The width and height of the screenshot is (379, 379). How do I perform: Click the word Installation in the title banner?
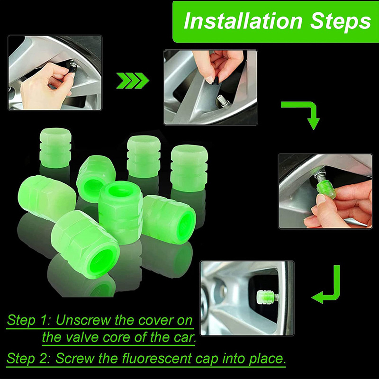click(x=243, y=21)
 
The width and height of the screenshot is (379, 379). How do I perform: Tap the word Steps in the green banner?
click(x=341, y=22)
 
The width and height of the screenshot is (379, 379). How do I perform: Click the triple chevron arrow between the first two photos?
click(x=133, y=80)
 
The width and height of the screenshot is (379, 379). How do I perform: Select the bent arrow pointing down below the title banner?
click(x=305, y=113)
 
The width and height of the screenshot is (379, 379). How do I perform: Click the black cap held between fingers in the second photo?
click(x=215, y=81)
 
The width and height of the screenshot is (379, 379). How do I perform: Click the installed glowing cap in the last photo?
click(x=265, y=297)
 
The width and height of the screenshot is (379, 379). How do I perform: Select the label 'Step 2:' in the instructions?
click(x=28, y=359)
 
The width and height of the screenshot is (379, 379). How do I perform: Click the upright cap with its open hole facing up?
click(x=120, y=212)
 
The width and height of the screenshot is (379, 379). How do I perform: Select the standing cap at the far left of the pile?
click(x=55, y=148)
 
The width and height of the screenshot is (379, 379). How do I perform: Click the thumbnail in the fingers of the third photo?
click(x=321, y=199)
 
